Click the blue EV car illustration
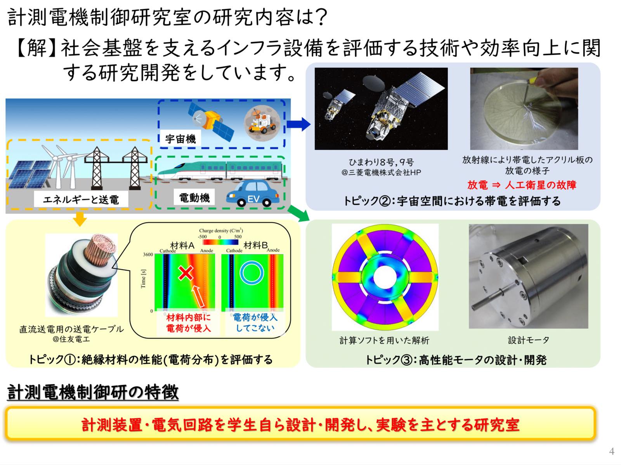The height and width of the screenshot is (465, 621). click(253, 193)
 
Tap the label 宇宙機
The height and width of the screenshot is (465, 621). click(180, 139)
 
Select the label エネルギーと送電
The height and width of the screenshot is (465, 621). click(81, 200)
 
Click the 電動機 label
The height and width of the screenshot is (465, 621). click(194, 198)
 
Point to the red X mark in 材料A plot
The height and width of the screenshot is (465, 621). click(186, 273)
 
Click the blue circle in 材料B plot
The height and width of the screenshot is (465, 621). click(252, 273)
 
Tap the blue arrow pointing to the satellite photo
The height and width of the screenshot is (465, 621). click(298, 124)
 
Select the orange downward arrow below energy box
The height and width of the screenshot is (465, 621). click(80, 219)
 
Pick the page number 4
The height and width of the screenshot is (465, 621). click(612, 451)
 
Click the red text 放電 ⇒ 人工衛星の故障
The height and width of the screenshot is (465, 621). click(522, 185)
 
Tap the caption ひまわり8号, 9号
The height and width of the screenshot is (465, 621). click(381, 162)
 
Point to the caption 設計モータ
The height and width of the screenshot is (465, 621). click(529, 340)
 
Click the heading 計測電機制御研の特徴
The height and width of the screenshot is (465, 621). click(93, 392)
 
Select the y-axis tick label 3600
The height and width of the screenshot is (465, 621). click(148, 255)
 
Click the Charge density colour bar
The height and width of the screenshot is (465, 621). click(220, 242)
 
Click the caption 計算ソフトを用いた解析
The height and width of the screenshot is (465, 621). click(384, 340)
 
